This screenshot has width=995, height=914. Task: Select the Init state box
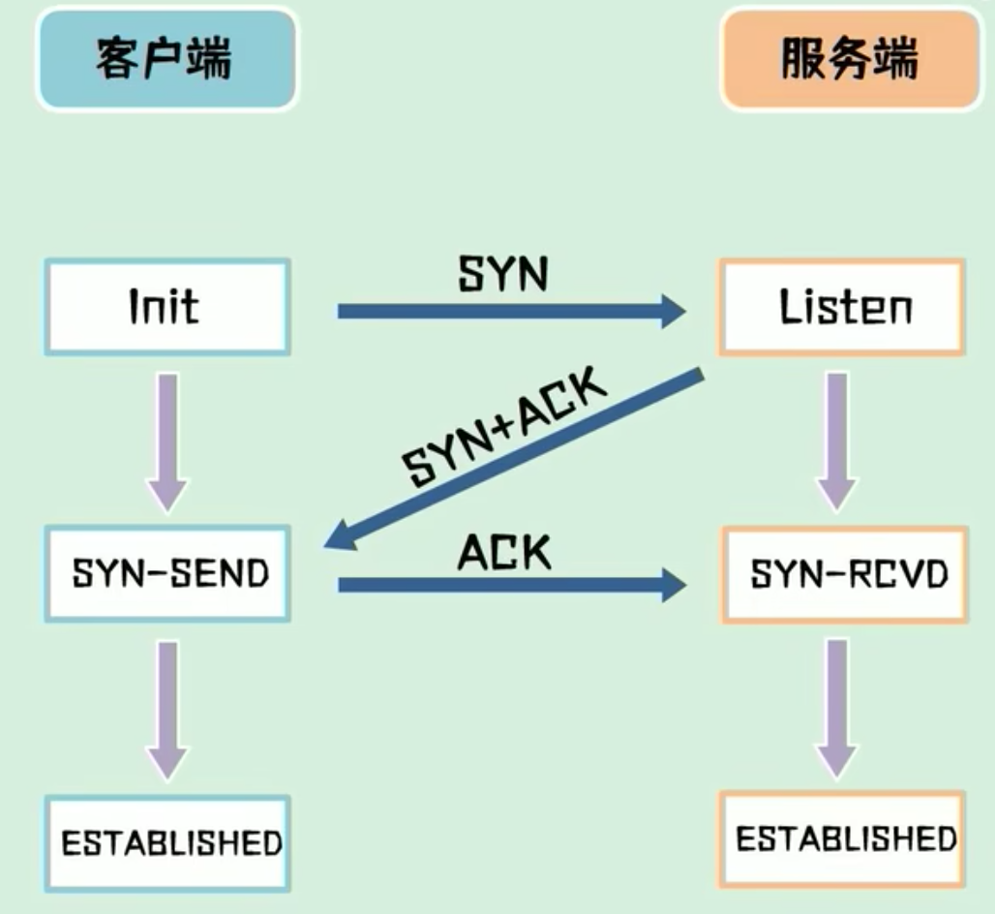click(x=166, y=306)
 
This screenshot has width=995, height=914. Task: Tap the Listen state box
click(x=841, y=306)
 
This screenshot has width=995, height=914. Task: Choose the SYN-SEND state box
click(x=169, y=574)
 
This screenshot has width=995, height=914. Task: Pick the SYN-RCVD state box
click(x=847, y=574)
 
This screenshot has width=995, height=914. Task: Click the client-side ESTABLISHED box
click(x=170, y=841)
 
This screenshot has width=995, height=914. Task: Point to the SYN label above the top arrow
click(x=502, y=275)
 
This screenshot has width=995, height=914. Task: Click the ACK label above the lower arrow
click(x=504, y=553)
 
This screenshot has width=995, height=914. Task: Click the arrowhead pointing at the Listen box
click(x=669, y=311)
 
